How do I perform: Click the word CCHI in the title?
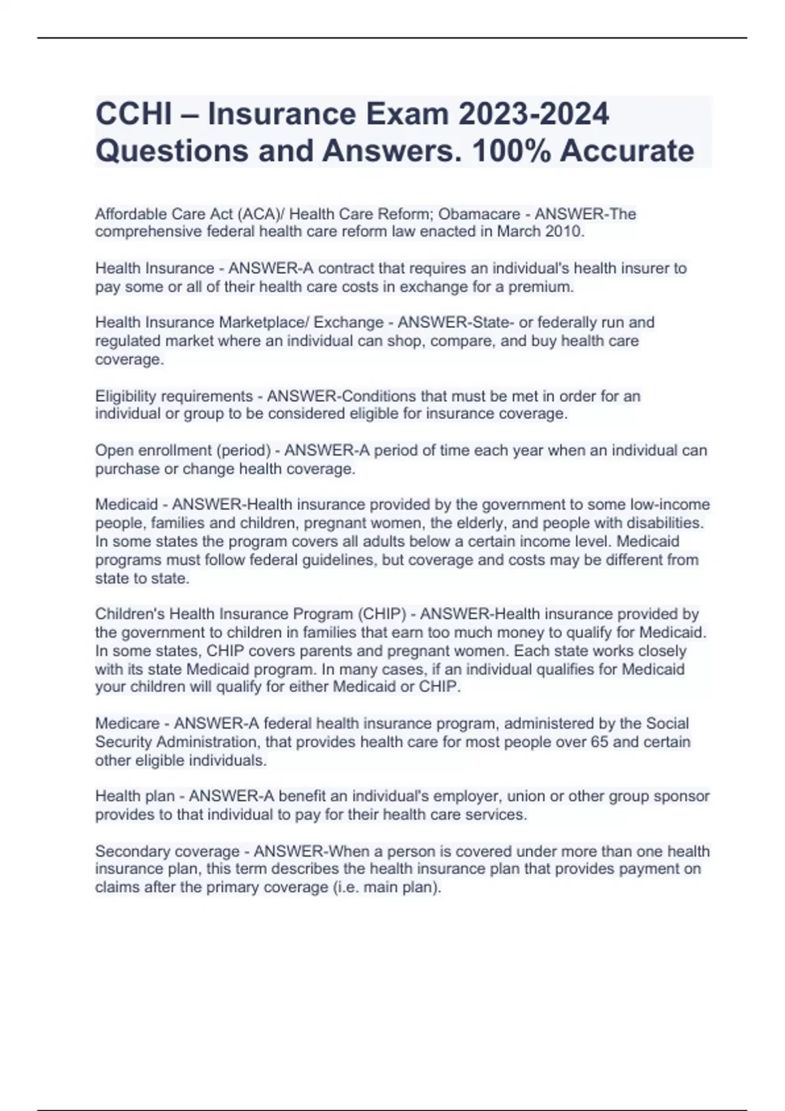pyautogui.click(x=133, y=114)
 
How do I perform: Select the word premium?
pyautogui.click(x=540, y=286)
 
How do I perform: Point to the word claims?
pyautogui.click(x=115, y=887)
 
